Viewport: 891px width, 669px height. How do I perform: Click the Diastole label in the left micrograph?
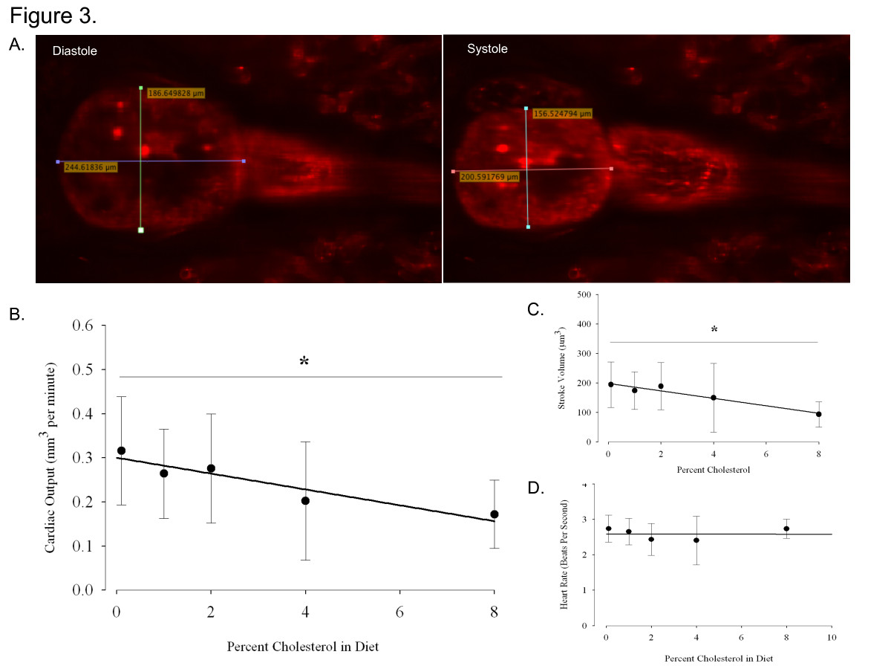(75, 51)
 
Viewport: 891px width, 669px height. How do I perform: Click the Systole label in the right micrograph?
(487, 49)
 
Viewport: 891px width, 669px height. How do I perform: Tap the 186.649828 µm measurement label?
(176, 93)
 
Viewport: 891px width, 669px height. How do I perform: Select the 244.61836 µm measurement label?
(91, 167)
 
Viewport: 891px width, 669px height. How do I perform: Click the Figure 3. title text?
(53, 16)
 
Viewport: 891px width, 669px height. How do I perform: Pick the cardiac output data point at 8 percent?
(495, 514)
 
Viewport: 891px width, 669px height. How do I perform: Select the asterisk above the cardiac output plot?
(304, 362)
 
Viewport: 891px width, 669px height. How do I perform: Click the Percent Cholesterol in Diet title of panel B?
(304, 647)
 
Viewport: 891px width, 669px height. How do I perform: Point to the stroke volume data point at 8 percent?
(818, 414)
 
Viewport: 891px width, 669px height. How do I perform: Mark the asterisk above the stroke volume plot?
(714, 329)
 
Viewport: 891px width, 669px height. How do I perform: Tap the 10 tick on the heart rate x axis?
(832, 638)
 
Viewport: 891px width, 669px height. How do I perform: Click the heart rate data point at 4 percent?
(696, 540)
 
